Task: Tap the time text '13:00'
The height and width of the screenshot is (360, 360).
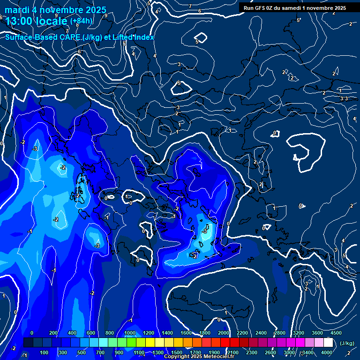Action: pos(21,21)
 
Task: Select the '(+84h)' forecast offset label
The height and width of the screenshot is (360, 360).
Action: pos(82,21)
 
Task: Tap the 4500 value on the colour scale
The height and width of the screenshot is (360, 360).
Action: pos(336,333)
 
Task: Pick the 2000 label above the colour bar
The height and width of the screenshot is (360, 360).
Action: pos(224,333)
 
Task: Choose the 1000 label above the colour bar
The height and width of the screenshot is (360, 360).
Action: pos(129,333)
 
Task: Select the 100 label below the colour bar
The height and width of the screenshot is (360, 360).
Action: pos(45,352)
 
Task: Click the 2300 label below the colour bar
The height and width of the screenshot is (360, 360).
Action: pos(252,352)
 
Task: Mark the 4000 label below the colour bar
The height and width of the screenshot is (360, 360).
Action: pos(327,352)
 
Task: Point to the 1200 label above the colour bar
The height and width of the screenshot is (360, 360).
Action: pos(148,333)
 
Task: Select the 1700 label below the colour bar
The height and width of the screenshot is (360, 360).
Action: pos(195,352)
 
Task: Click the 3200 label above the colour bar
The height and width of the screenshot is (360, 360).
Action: pos(299,333)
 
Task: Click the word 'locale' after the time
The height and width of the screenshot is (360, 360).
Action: pos(54,21)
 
